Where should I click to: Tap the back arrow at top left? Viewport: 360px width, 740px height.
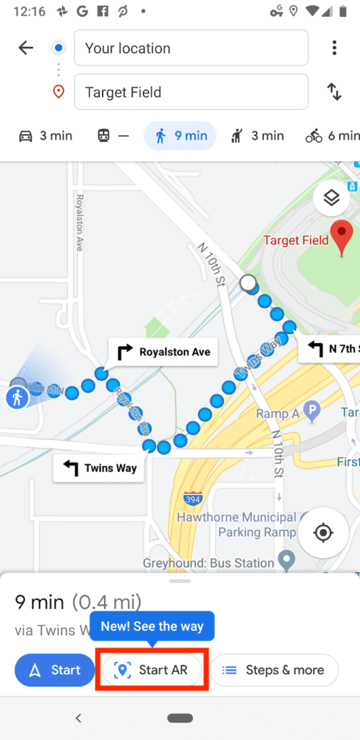pos(26,48)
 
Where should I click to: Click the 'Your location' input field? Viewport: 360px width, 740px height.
pos(191,48)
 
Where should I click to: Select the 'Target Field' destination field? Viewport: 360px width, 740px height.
pos(191,92)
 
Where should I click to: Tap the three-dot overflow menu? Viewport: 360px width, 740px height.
pos(334,48)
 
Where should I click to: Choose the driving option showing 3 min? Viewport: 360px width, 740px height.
pos(46,135)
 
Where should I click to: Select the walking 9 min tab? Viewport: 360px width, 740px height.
pos(180,135)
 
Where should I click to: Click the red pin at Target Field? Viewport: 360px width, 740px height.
pos(341,239)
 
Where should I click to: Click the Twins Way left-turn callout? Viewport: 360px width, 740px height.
pos(99,468)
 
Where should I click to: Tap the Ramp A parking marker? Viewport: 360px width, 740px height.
pos(312,413)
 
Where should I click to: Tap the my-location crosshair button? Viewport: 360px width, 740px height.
pos(322,533)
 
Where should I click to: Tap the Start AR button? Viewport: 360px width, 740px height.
pos(152,670)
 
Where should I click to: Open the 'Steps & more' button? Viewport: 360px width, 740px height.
pos(279,670)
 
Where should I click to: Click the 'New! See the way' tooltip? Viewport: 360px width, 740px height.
pos(152,627)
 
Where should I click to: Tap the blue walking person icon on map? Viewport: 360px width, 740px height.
pos(17,397)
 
